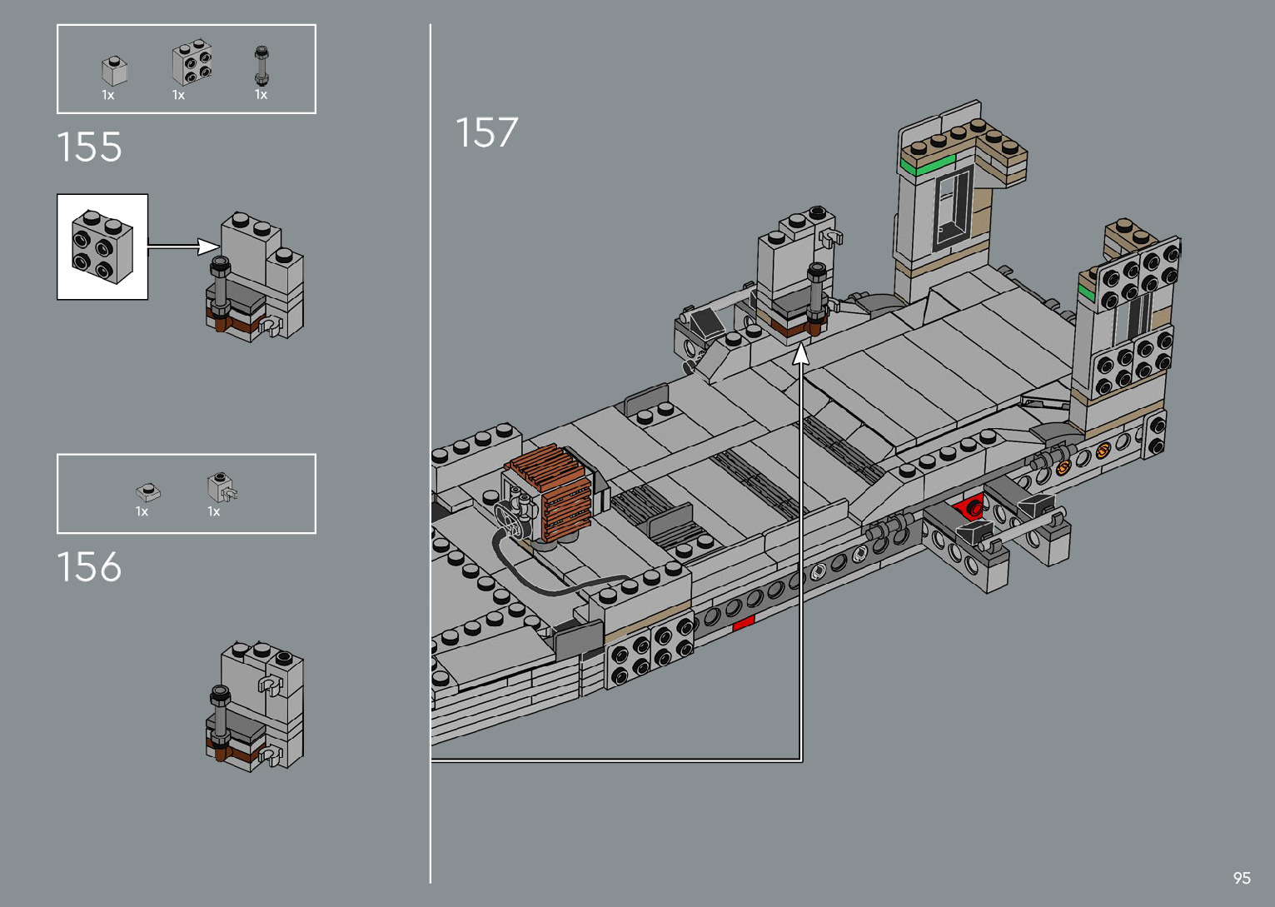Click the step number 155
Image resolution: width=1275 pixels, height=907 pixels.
[x=89, y=147]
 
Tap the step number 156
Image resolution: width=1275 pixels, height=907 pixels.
[x=89, y=566]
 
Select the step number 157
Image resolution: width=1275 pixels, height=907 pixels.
[x=486, y=132]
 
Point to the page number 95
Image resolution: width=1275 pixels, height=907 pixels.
[x=1242, y=877]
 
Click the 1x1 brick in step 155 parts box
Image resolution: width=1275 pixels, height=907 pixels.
[x=114, y=71]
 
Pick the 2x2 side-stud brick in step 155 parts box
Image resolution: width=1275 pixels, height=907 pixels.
[x=192, y=62]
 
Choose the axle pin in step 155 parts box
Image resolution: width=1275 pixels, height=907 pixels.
[x=261, y=66]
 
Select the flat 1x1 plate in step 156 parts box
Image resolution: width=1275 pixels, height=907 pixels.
[x=148, y=492]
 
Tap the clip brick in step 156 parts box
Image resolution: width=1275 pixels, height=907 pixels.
[x=222, y=487]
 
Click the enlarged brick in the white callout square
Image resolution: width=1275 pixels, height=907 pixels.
[x=102, y=247]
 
